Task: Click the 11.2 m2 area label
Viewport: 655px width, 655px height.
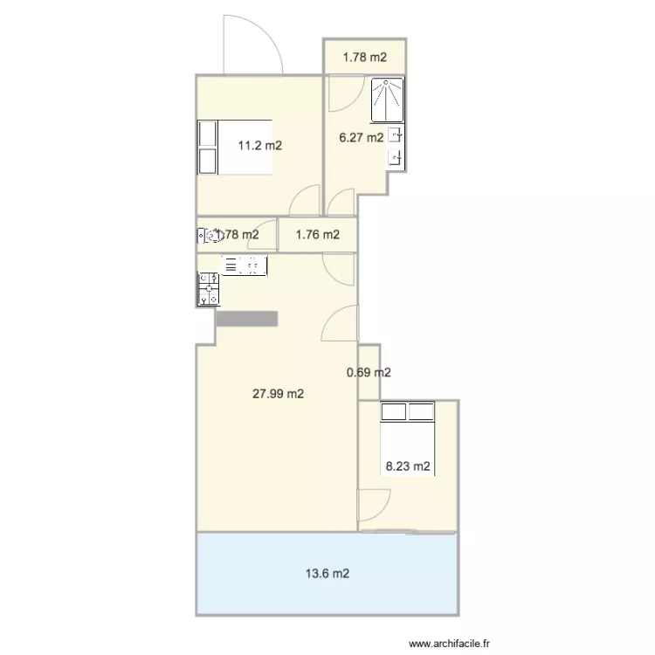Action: [260, 146]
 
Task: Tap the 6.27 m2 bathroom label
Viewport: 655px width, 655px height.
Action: [361, 137]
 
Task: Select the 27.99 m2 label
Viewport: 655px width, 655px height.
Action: [278, 394]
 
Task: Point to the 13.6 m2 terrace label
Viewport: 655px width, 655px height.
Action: [328, 574]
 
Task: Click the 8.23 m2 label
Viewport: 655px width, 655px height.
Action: [408, 466]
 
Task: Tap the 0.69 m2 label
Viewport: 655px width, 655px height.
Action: [369, 373]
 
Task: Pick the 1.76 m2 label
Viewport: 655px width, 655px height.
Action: [317, 234]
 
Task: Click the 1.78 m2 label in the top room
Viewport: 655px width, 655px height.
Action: [364, 58]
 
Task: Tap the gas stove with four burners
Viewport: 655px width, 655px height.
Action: [209, 289]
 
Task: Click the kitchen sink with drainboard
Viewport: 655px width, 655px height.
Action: [243, 265]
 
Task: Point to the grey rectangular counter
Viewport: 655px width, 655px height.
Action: [246, 319]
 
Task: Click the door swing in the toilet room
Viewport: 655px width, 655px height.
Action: [261, 243]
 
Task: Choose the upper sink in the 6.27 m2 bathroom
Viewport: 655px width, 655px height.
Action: [396, 135]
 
